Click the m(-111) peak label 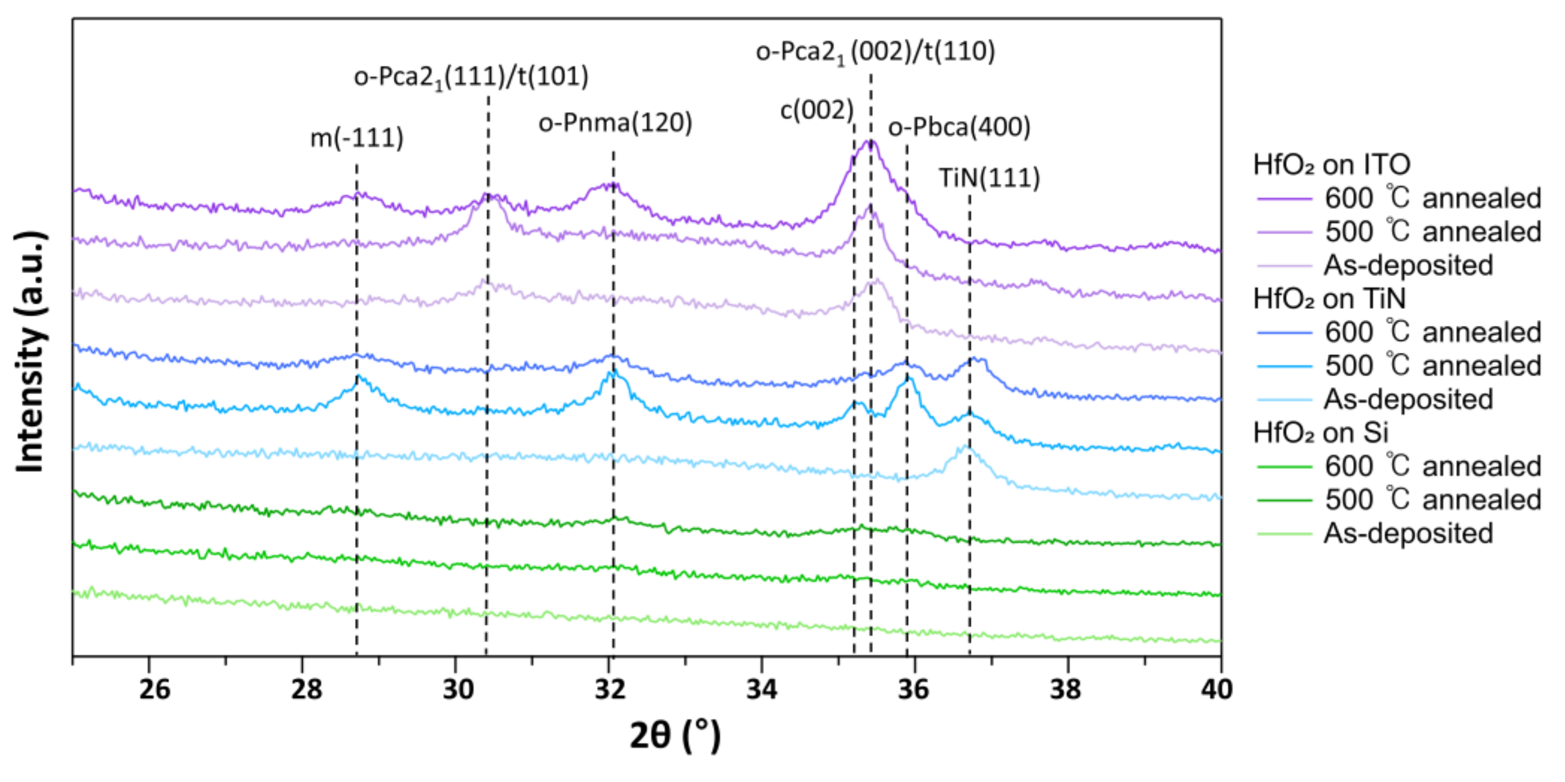click(x=356, y=138)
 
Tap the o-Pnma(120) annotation click(x=615, y=123)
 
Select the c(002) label click(x=816, y=111)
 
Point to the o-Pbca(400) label click(x=959, y=127)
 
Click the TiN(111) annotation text click(x=989, y=179)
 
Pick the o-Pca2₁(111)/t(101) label click(x=471, y=78)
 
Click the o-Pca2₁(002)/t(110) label click(x=875, y=52)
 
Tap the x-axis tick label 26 click(x=154, y=689)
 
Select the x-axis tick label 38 click(x=1065, y=689)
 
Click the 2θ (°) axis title click(x=674, y=736)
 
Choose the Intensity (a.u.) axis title click(x=30, y=352)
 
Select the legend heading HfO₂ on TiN click(x=1329, y=298)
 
